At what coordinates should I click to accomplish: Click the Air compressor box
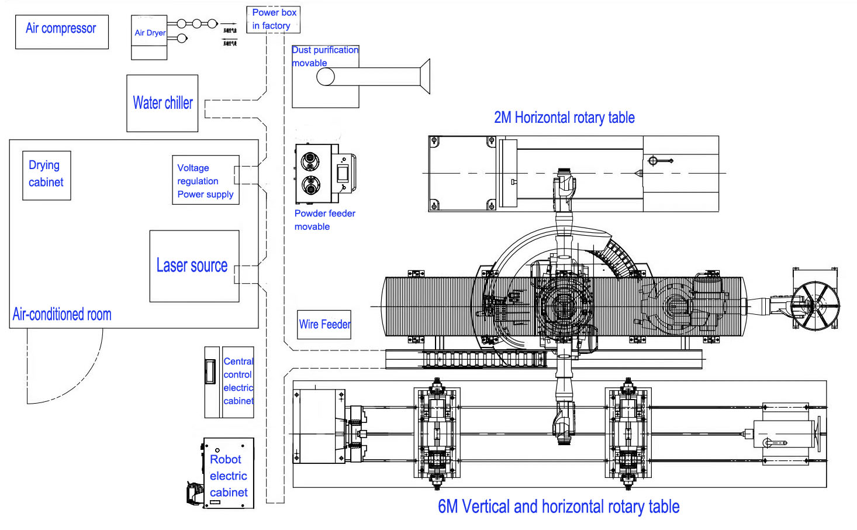pyautogui.click(x=61, y=32)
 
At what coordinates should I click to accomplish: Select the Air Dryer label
pyautogui.click(x=150, y=33)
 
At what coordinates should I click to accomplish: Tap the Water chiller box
pyautogui.click(x=163, y=103)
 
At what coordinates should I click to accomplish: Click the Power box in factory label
pyautogui.click(x=274, y=19)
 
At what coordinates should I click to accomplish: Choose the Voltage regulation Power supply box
pyautogui.click(x=205, y=180)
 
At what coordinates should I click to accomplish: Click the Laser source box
pyautogui.click(x=194, y=266)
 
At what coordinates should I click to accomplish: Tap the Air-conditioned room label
pyautogui.click(x=62, y=315)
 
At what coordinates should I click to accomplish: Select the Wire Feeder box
pyautogui.click(x=324, y=325)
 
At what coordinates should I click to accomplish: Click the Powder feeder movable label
pyautogui.click(x=324, y=220)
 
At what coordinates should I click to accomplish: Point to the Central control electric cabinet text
pyautogui.click(x=239, y=381)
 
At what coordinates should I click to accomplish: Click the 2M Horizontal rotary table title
pyautogui.click(x=564, y=118)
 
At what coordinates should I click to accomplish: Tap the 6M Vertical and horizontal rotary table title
pyautogui.click(x=558, y=507)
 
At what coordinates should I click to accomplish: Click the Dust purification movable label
pyautogui.click(x=325, y=56)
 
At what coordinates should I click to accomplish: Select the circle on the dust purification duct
pyautogui.click(x=326, y=77)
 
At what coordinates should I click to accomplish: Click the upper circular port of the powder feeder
pyautogui.click(x=310, y=161)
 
